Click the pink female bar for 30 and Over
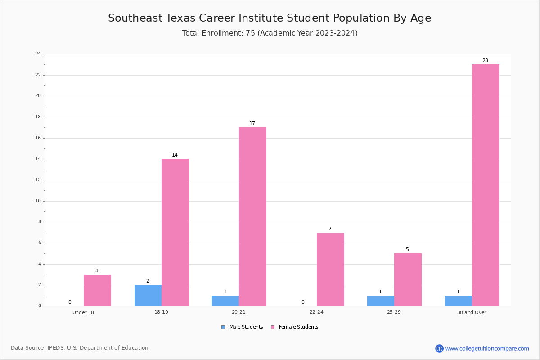486,185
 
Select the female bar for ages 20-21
252,217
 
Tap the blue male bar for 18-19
148,295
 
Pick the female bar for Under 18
97,290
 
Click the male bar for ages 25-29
381,301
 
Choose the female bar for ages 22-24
330,270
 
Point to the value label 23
485,60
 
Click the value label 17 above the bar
252,123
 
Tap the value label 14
175,155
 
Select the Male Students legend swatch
223,327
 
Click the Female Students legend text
298,327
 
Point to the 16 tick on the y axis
38,138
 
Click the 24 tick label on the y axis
38,54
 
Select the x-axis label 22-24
316,312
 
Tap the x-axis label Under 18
83,312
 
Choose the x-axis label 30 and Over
472,312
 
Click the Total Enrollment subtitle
270,33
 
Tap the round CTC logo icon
439,348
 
